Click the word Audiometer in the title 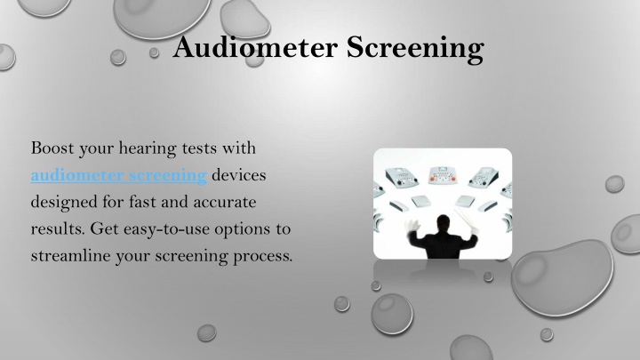(255, 47)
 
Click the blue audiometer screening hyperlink (119, 175)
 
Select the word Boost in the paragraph (52, 148)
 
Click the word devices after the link (239, 175)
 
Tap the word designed (63, 203)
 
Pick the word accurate (225, 203)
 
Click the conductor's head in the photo (443, 222)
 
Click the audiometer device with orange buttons (443, 175)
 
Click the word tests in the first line (199, 148)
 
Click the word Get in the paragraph (105, 229)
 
